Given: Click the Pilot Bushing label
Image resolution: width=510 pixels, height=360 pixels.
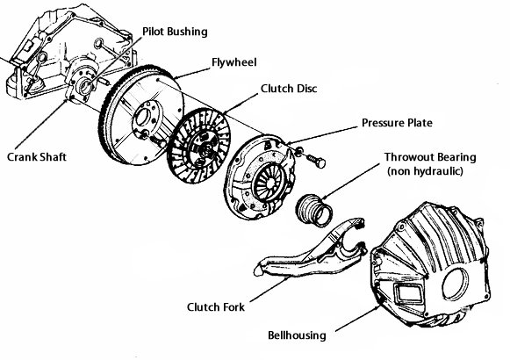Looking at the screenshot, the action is [x=175, y=32].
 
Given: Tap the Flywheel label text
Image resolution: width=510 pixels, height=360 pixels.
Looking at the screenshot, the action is [x=234, y=62].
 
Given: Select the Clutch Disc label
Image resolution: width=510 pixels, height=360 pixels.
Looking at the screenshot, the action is [x=289, y=89].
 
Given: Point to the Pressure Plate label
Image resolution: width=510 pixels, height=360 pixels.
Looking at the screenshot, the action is [x=397, y=123].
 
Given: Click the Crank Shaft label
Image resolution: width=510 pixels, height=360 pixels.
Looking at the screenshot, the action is [x=37, y=157].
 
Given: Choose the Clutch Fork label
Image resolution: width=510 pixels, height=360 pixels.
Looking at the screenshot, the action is [x=216, y=307].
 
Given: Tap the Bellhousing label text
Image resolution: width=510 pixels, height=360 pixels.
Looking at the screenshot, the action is [x=297, y=335].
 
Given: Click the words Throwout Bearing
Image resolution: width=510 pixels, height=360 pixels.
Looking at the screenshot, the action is [x=430, y=157].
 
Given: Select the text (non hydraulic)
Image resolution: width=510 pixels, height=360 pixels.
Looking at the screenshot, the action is [x=425, y=171].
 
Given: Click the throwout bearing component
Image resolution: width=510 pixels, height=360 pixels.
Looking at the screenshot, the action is [x=314, y=210].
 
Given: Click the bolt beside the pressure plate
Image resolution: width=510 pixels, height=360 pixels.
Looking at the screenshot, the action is [x=315, y=160].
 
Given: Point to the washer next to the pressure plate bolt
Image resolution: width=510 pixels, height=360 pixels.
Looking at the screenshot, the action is [x=299, y=150].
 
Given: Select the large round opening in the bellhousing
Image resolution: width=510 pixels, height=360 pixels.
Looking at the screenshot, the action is [x=455, y=284].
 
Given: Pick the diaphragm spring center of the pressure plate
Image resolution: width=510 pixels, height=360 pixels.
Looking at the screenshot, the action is [x=269, y=184].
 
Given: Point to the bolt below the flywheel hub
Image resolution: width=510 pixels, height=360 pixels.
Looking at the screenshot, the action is [x=158, y=140].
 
